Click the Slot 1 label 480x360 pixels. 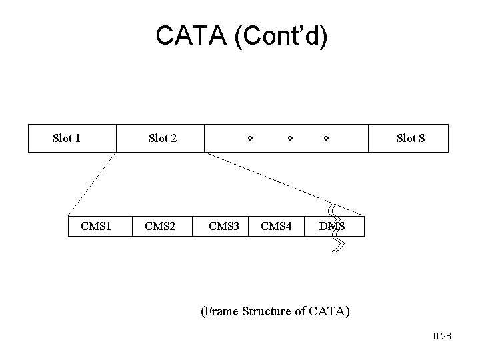tap(67, 138)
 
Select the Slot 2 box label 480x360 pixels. tap(163, 138)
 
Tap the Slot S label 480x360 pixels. tap(411, 138)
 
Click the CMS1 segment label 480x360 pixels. tap(96, 226)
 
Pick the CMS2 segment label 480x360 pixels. tap(160, 226)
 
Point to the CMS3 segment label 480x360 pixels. tap(224, 226)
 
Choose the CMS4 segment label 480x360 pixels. tap(276, 226)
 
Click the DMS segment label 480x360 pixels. tap(332, 226)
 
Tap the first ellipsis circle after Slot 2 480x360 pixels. tap(250, 139)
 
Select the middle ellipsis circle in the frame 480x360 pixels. tap(290, 139)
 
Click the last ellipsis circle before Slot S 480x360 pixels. tap(326, 139)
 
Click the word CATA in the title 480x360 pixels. tap(191, 35)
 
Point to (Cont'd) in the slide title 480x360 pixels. tap(281, 36)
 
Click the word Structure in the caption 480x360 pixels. tap(266, 311)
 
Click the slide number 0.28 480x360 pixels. tap(442, 336)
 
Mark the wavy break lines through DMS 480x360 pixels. tap(337, 228)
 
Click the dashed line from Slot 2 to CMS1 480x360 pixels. tap(92, 183)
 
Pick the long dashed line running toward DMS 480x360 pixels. tap(284, 184)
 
